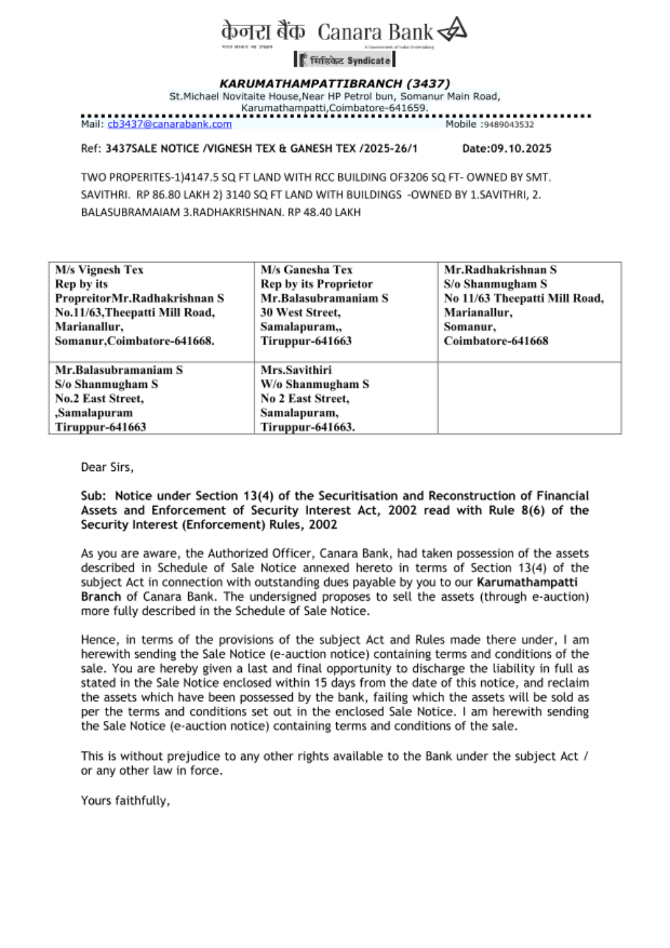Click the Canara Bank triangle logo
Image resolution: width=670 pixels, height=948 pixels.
point(452,30)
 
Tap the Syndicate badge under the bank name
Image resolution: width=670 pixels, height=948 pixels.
point(344,60)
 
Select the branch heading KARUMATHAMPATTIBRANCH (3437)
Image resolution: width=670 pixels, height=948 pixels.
point(334,84)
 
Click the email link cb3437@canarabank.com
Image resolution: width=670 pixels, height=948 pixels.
point(170,124)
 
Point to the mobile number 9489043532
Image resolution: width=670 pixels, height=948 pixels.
point(509,125)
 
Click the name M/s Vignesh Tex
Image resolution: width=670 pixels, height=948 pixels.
point(99,270)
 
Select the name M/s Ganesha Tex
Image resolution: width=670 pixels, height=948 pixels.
point(306,270)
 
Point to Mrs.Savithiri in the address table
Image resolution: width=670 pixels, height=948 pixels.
point(295,370)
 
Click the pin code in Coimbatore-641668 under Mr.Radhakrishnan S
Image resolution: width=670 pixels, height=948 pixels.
point(529,341)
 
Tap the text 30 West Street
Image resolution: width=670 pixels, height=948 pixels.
point(300,312)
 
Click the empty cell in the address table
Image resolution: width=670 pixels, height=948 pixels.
point(529,398)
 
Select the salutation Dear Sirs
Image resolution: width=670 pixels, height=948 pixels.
point(107,467)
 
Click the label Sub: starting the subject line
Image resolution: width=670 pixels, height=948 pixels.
point(93,496)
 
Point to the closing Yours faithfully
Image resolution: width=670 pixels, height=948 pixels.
point(125,801)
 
